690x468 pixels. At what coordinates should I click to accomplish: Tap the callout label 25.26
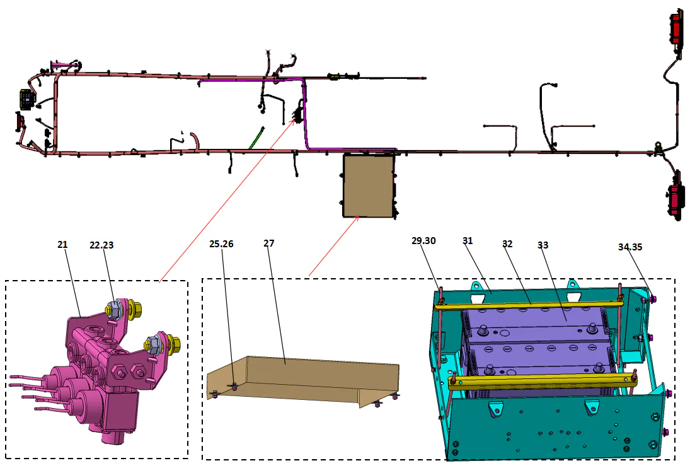pyautogui.click(x=221, y=243)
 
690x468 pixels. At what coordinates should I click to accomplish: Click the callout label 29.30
pyautogui.click(x=423, y=242)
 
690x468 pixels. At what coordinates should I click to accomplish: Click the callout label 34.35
pyautogui.click(x=630, y=247)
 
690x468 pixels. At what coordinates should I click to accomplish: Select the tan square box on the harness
pyautogui.click(x=369, y=185)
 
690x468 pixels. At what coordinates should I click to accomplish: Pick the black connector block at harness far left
pyautogui.click(x=26, y=100)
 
